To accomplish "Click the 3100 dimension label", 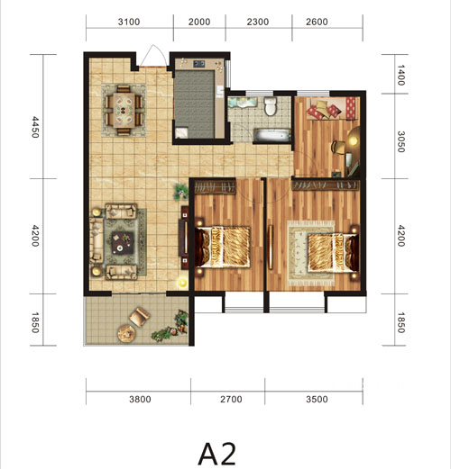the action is point(129,22).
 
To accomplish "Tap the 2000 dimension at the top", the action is point(199,22).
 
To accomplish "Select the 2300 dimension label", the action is point(258,22).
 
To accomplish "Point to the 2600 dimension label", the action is point(317,22).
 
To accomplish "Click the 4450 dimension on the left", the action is point(35,127).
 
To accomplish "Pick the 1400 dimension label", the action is point(401,75).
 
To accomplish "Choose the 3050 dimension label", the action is point(401,141).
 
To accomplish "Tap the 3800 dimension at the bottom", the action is point(140,400).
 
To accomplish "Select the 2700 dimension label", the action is point(231,400).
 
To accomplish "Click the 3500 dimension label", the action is point(317,400).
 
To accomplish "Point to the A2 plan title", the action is point(216,454).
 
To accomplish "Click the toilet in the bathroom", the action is point(270,106).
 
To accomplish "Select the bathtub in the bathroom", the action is point(272,135).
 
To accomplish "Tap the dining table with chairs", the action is point(124,111).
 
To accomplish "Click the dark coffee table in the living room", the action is point(123,243).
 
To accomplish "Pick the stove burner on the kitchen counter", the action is point(199,64).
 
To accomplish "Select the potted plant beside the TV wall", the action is point(180,192).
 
